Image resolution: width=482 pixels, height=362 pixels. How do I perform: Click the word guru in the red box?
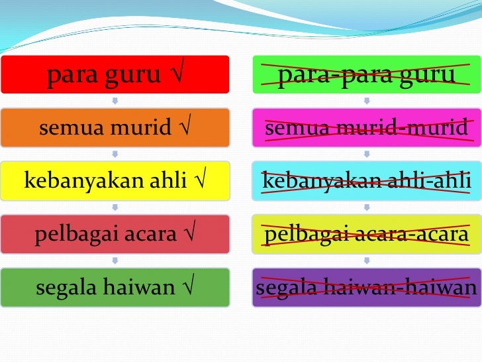pyautogui.click(x=132, y=75)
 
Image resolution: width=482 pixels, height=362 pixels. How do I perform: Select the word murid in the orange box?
pyautogui.click(x=144, y=128)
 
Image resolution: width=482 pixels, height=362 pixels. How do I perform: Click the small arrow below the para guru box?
pyautogui.click(x=115, y=101)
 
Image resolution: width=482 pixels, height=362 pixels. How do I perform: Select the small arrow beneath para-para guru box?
pyautogui.click(x=366, y=101)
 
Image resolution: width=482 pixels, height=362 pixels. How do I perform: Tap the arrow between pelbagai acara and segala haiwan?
pyautogui.click(x=115, y=261)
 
